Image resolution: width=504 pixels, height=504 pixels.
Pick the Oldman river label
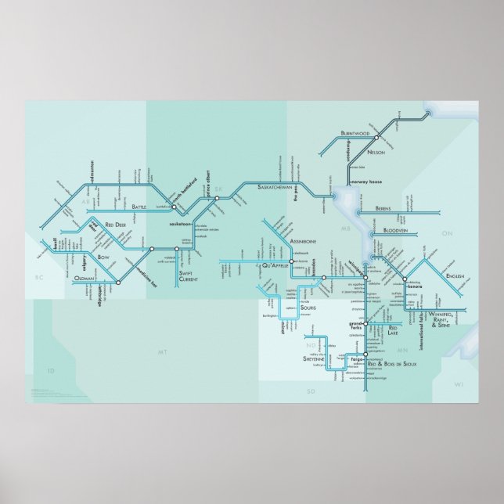85,278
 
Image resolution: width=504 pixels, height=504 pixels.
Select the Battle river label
139,207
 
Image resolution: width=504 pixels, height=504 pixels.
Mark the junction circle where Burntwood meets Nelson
376,137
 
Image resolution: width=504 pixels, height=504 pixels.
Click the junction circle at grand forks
365,322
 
